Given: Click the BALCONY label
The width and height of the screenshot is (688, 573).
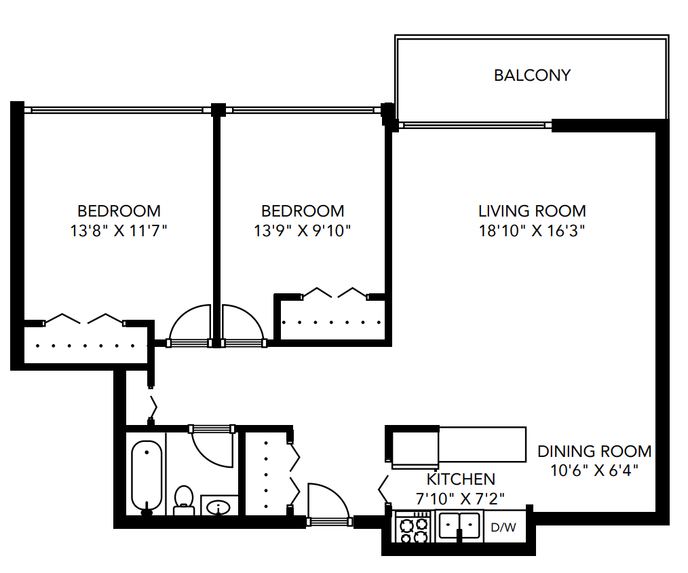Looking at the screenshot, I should (532, 75).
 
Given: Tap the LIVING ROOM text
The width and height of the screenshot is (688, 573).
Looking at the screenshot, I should (532, 210).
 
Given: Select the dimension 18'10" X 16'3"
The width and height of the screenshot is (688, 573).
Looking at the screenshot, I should (532, 231).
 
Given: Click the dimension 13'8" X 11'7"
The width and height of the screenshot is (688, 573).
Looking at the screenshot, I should (119, 231).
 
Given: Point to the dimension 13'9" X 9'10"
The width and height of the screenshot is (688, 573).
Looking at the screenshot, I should (303, 231).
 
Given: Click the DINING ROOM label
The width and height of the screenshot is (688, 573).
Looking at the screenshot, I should (594, 451).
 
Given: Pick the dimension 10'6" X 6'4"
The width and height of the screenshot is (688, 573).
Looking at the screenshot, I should (594, 469).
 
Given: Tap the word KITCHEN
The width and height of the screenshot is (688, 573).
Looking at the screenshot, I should (461, 479).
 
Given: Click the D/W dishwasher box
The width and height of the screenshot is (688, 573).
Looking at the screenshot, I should (503, 527).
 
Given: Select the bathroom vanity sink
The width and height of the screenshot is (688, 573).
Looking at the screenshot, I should (219, 506).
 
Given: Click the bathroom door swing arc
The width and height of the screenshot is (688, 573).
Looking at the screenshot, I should (213, 448).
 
